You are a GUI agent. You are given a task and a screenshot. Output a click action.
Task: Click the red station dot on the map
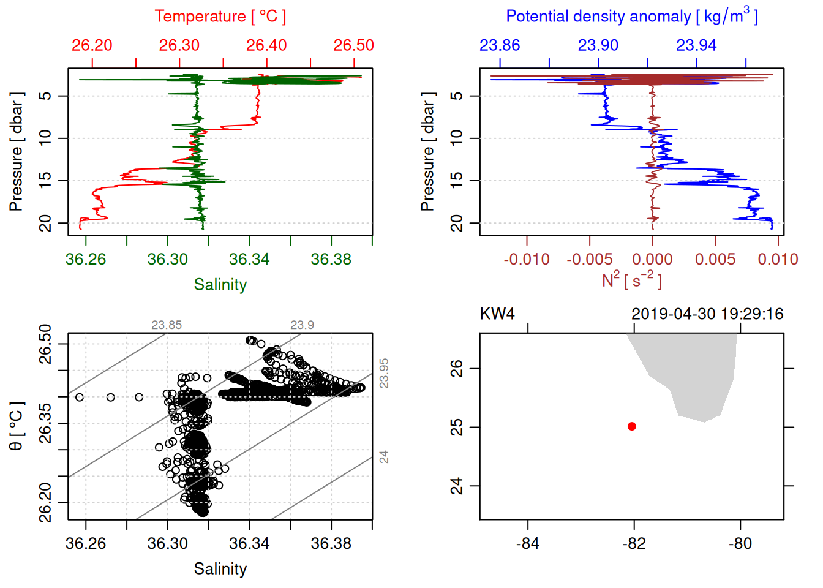coord(632,426)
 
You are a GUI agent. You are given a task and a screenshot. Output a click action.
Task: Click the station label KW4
coord(497,314)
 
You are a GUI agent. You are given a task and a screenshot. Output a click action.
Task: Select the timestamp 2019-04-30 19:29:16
coord(707,314)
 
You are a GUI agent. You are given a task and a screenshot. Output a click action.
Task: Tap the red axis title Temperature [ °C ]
coord(220,17)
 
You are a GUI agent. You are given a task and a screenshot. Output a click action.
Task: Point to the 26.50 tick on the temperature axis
coord(353,45)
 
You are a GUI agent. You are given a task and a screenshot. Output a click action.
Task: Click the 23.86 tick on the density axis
coord(500,45)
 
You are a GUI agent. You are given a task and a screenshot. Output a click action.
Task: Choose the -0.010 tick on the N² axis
coord(527,259)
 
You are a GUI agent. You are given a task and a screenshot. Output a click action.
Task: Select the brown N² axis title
coord(631,280)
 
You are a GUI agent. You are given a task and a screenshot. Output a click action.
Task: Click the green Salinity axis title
coord(220,285)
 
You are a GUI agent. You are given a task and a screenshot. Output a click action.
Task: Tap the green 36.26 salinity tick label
coord(86,259)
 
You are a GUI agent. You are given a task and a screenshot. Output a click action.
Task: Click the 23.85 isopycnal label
coord(167,325)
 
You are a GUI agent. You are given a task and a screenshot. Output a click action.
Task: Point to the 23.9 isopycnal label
coord(302,325)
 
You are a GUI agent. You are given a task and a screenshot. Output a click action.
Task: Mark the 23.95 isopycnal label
coord(384,373)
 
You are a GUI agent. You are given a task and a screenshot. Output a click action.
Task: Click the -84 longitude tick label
coord(528,543)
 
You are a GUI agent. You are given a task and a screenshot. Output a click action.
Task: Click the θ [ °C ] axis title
coord(17,426)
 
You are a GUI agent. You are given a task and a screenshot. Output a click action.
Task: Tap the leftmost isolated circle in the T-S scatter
coord(79,398)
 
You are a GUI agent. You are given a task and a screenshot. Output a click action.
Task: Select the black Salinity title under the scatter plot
coord(220,569)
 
